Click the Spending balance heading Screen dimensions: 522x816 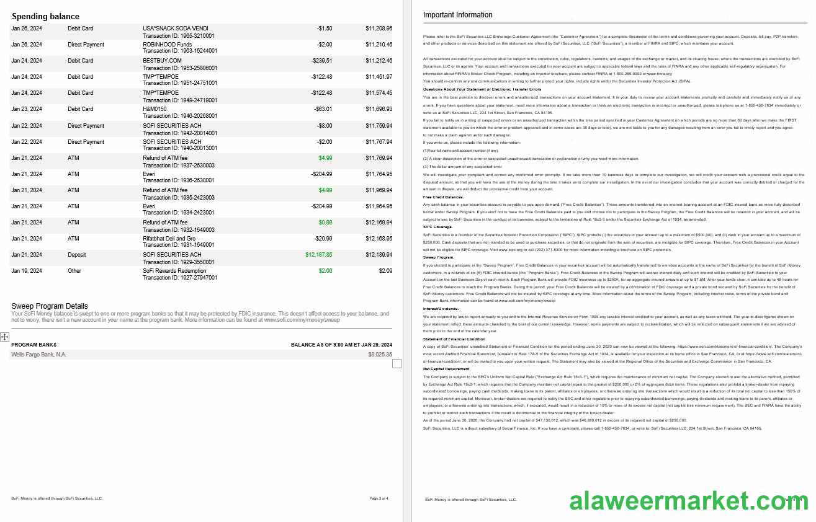(45, 16)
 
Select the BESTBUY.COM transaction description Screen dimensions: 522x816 (162, 61)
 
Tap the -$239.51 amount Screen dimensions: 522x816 (321, 61)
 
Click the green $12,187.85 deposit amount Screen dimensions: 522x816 (318, 255)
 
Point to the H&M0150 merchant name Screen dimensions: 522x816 (155, 109)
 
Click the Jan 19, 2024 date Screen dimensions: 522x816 (27, 271)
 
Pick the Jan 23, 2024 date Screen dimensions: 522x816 (27, 109)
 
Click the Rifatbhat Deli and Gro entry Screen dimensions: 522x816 (169, 239)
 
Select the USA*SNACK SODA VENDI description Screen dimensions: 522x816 (176, 29)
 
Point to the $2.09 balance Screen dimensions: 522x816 (385, 271)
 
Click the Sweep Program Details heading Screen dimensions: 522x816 (50, 306)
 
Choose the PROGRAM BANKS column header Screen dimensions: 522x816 (34, 345)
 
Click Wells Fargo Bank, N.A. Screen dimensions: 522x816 (38, 355)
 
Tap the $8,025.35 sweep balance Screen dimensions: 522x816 (380, 355)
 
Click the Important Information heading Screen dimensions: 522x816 (457, 15)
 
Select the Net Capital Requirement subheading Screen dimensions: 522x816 (446, 369)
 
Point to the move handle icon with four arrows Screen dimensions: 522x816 (4, 337)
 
